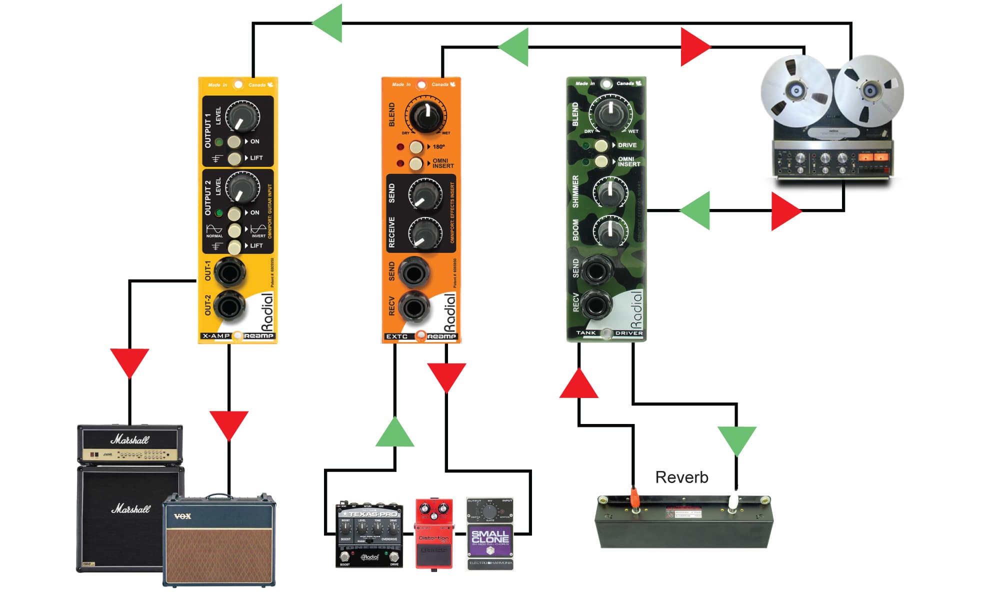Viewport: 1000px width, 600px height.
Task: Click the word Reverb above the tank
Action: coord(681,477)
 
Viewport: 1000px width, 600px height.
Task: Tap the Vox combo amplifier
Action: coord(219,540)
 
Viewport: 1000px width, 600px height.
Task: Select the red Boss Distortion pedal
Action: coord(434,533)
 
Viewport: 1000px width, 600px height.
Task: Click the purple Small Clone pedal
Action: coord(490,533)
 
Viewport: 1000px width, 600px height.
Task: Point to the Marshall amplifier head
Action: coord(130,444)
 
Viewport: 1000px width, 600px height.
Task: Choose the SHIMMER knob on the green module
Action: coord(610,192)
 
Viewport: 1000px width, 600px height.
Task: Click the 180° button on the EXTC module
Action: coord(416,147)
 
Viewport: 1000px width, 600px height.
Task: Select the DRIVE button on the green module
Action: coord(601,145)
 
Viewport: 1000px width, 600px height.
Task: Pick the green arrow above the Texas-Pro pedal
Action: coord(394,433)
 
